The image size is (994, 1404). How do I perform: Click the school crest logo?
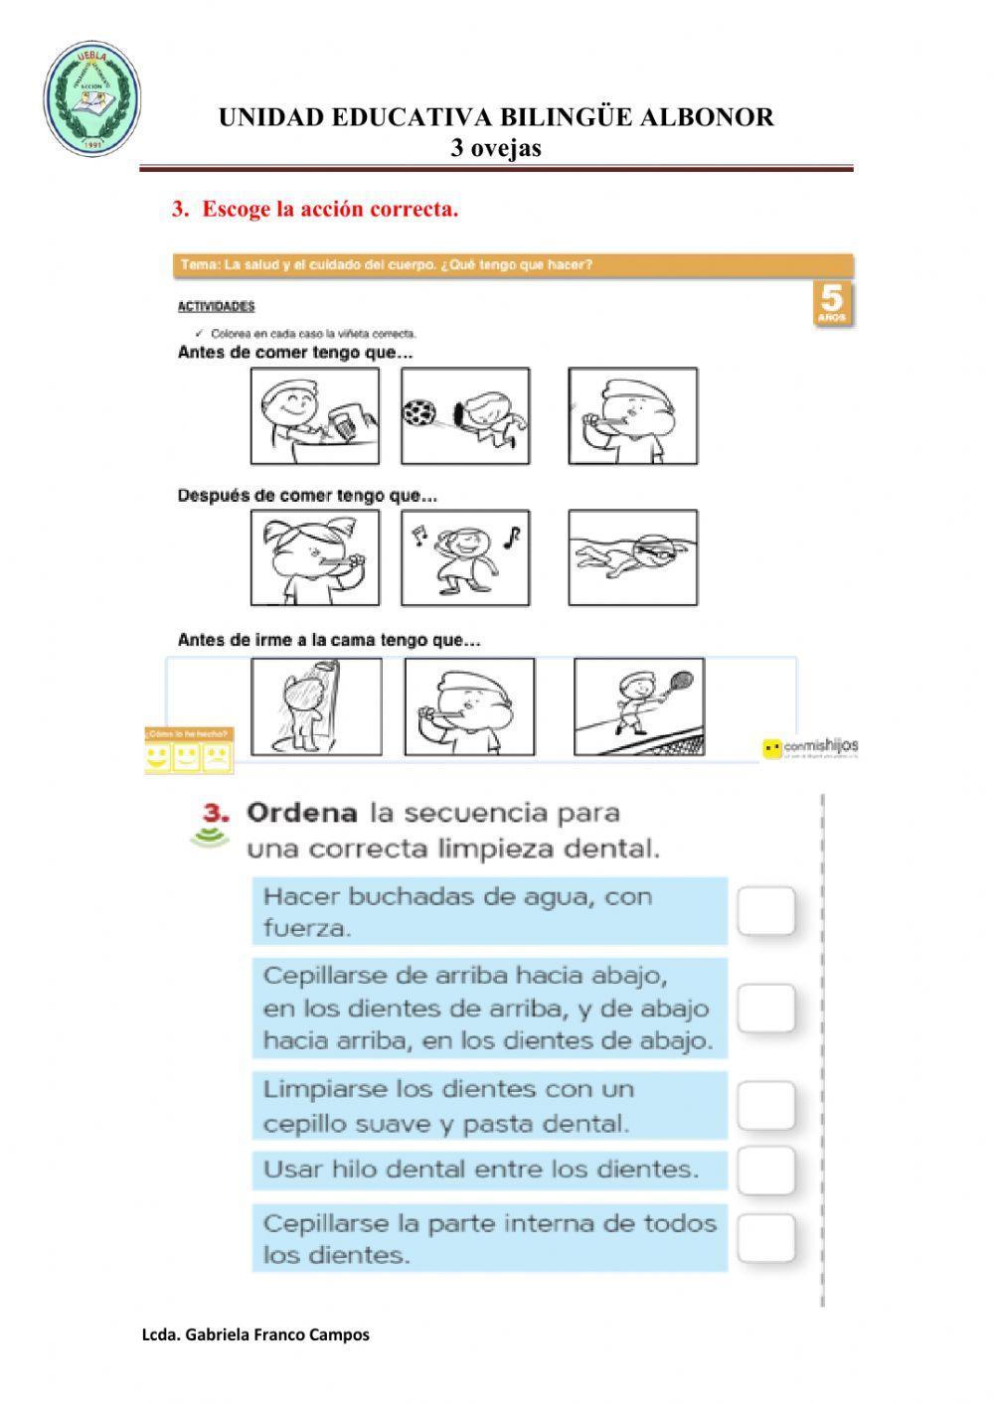click(x=91, y=99)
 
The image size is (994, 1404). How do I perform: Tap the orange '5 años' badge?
click(x=831, y=303)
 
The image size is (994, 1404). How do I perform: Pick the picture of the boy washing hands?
click(x=315, y=415)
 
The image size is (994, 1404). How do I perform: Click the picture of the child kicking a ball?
click(x=465, y=415)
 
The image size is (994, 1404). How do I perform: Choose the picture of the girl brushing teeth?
click(x=315, y=557)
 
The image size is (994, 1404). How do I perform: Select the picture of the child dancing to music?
click(x=465, y=557)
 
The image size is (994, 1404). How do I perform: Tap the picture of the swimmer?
click(x=633, y=557)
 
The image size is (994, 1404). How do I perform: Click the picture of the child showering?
click(x=316, y=706)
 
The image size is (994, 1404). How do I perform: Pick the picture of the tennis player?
click(x=639, y=706)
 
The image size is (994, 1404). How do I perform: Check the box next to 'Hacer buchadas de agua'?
click(x=766, y=911)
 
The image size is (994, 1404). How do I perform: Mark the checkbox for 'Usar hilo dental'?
click(x=766, y=1170)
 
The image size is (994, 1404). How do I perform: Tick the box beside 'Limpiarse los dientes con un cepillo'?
click(x=766, y=1106)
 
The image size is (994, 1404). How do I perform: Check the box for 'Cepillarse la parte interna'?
click(x=766, y=1238)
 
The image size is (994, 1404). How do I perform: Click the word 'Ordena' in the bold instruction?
click(x=301, y=813)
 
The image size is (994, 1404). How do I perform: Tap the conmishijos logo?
click(x=810, y=747)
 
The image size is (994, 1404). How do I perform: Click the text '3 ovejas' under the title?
click(x=496, y=148)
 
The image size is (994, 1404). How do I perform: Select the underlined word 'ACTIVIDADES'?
click(x=216, y=306)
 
